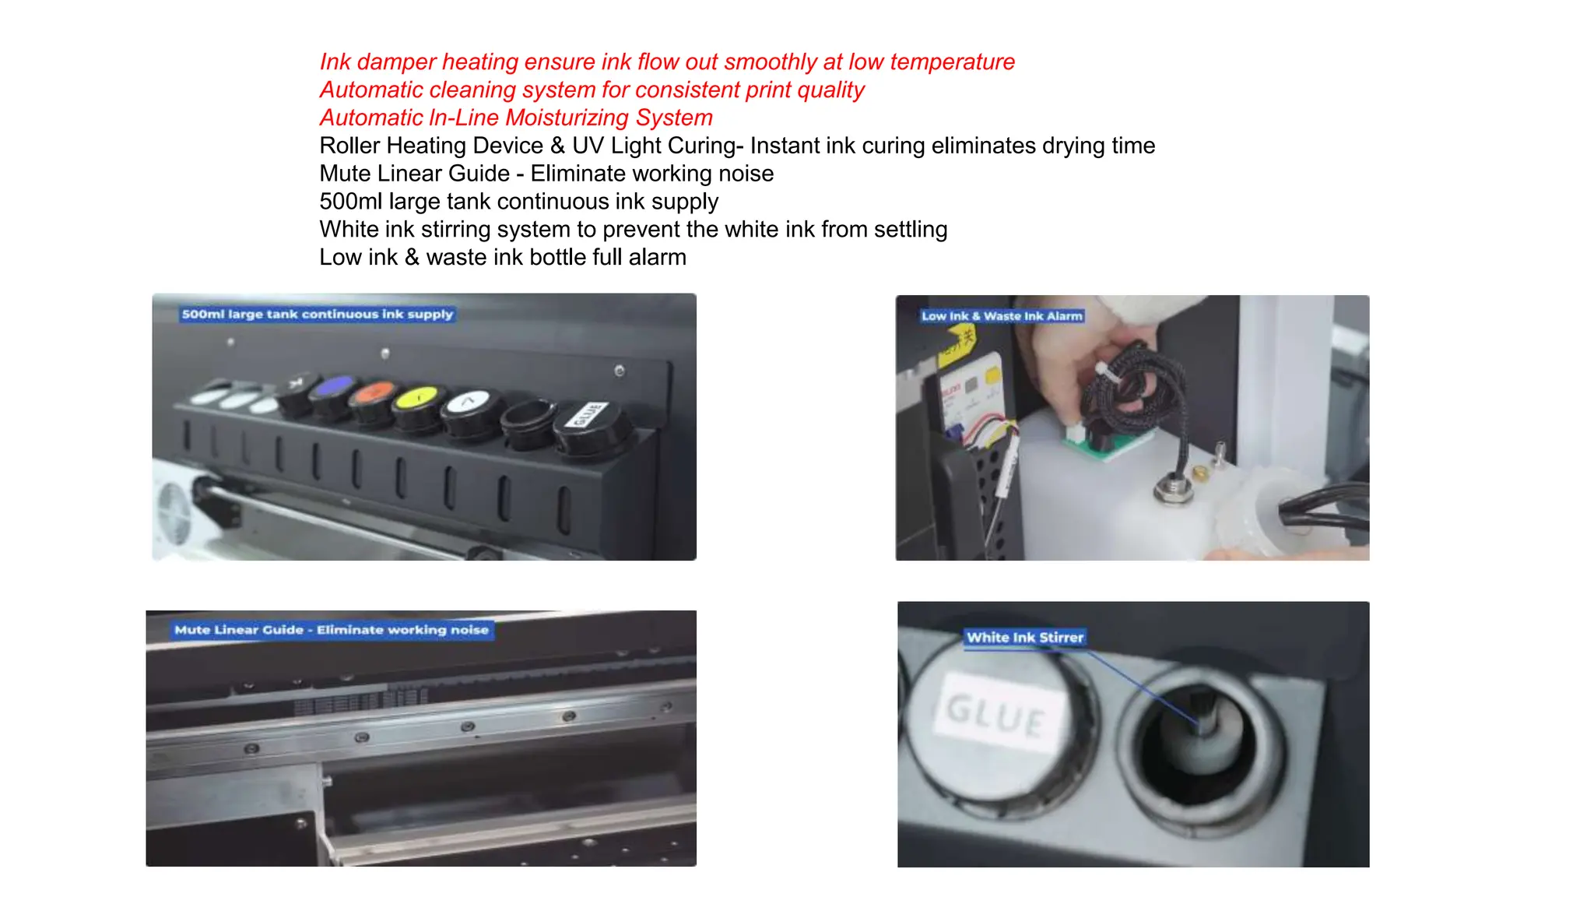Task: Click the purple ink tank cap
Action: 335,389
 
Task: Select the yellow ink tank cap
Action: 418,402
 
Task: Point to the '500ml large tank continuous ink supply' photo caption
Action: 317,315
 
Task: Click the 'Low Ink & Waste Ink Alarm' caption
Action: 1002,316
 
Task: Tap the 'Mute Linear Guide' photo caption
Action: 332,630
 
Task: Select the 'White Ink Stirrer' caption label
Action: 1024,638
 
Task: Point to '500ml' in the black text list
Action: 350,202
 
